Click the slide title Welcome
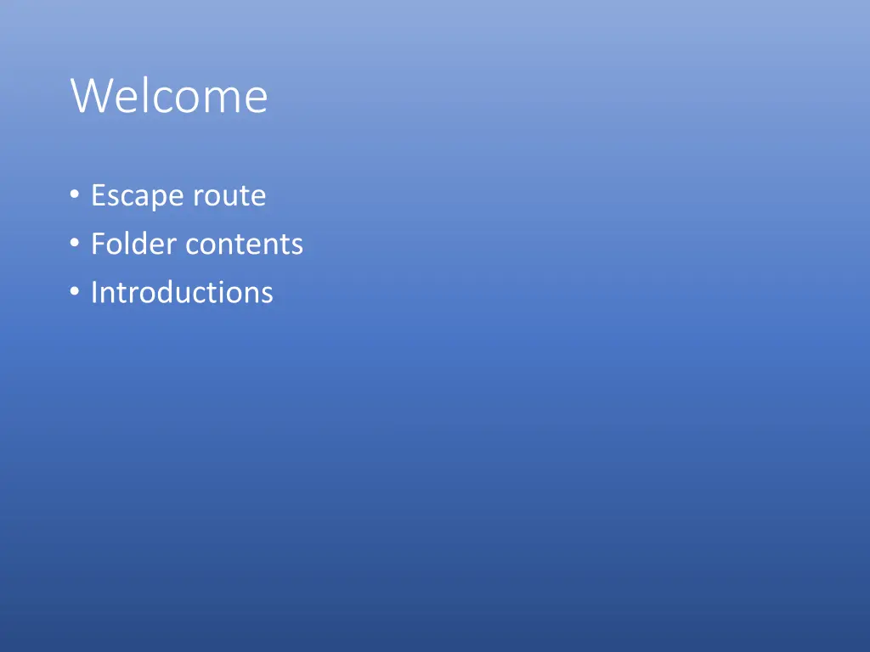(169, 96)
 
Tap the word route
(229, 196)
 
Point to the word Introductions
(182, 293)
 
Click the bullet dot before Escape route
(75, 196)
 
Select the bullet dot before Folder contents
(75, 244)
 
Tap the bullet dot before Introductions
(75, 293)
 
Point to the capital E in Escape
(98, 196)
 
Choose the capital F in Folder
(98, 244)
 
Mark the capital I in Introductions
(94, 293)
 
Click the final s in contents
(297, 246)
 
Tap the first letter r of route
(198, 198)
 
